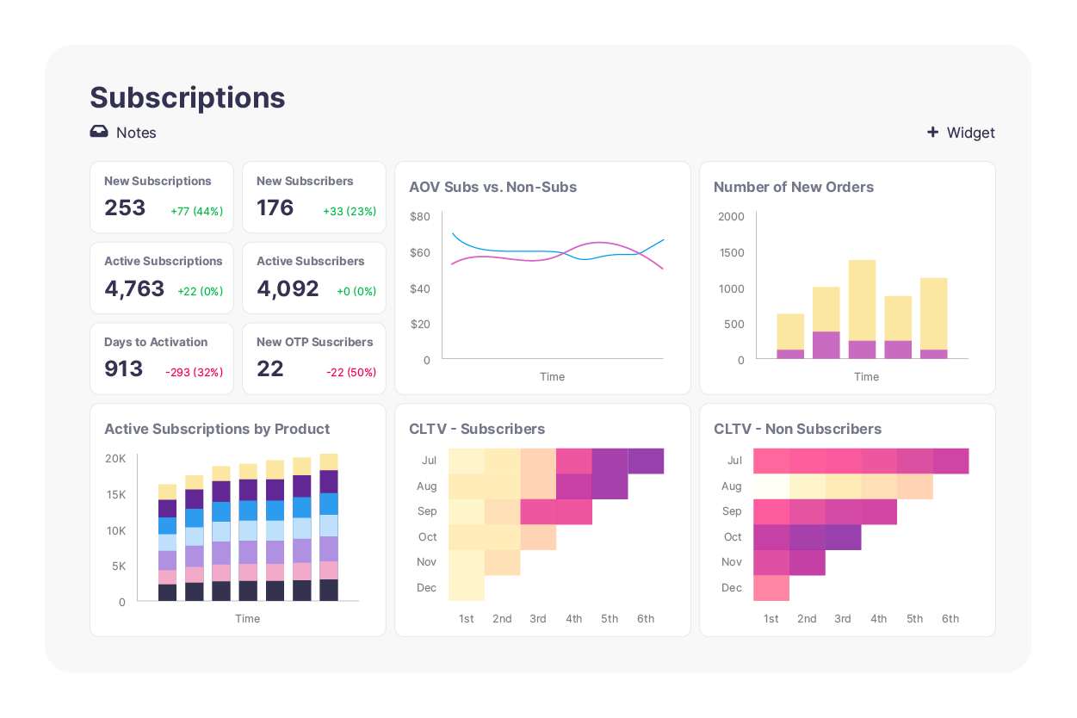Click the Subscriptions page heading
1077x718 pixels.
point(187,98)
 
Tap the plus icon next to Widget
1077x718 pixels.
point(932,133)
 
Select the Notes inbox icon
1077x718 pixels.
point(99,133)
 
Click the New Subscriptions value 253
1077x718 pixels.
point(125,208)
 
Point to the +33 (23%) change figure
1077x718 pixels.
point(349,212)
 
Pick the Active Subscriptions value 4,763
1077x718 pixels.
point(134,288)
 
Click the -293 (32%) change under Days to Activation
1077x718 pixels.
point(194,373)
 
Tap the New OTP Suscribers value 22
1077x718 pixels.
point(269,369)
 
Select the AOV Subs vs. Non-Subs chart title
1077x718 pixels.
point(492,188)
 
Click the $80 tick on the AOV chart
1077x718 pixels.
point(419,217)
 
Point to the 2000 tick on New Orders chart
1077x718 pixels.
point(731,217)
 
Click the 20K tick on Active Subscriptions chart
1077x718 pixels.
point(115,459)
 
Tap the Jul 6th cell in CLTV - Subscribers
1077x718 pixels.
point(646,461)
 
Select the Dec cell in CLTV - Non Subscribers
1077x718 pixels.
point(771,588)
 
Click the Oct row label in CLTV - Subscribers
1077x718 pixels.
point(428,537)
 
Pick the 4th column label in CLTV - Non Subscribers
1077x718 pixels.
point(878,619)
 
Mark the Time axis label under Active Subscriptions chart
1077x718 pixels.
point(247,619)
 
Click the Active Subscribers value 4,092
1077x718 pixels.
point(288,288)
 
